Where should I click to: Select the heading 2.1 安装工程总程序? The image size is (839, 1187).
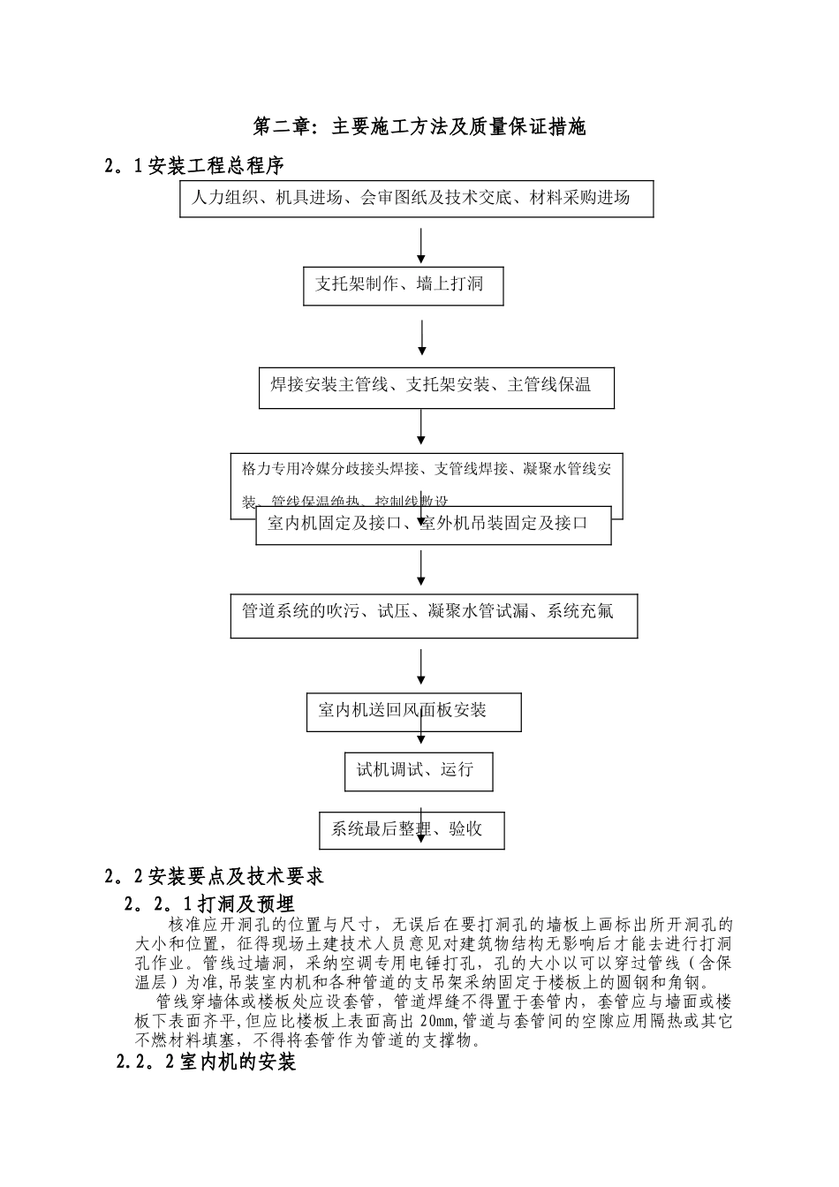click(x=194, y=165)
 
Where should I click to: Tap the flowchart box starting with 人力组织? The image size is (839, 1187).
click(x=417, y=199)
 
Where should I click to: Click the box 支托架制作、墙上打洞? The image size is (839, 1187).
click(x=403, y=285)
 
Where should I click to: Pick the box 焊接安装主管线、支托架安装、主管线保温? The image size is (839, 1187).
click(x=436, y=386)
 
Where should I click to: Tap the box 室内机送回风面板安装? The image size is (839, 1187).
click(x=414, y=712)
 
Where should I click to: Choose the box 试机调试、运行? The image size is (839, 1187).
click(x=418, y=771)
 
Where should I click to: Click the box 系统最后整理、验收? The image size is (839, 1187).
click(x=412, y=830)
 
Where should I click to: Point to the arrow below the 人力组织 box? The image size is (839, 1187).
click(x=421, y=246)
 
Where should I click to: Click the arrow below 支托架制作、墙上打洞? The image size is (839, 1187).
click(x=422, y=336)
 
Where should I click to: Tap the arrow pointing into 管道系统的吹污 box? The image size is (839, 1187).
click(x=421, y=568)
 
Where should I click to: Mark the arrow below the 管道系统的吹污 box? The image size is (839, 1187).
click(x=421, y=667)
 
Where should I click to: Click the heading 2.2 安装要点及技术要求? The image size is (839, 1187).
click(x=214, y=876)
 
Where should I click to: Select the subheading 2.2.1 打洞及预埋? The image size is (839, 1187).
click(x=210, y=904)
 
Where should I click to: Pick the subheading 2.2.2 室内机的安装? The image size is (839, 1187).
click(x=206, y=1062)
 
